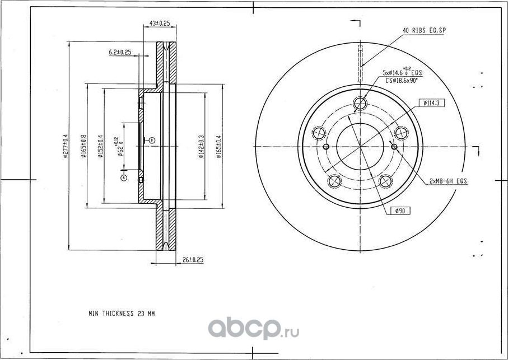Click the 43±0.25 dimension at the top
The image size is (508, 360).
click(x=160, y=24)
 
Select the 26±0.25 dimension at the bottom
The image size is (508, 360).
click(x=192, y=260)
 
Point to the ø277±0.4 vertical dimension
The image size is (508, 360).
click(x=66, y=147)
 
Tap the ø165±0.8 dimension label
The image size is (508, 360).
click(x=83, y=147)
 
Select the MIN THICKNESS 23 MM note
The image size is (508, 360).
click(x=121, y=314)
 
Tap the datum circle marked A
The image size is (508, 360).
click(x=124, y=177)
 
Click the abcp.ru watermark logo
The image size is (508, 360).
click(x=254, y=329)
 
